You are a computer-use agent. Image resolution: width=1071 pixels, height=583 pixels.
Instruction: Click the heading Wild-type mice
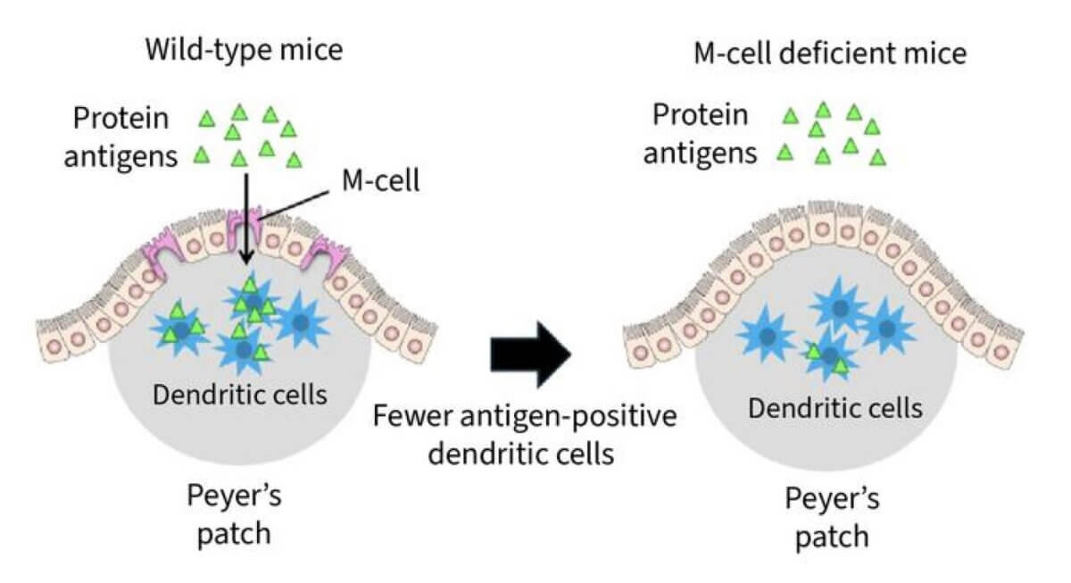(x=245, y=51)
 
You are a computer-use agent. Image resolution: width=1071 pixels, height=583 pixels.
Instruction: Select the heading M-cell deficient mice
(x=830, y=54)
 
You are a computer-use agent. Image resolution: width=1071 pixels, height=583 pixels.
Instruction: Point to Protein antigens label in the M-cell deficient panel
(x=701, y=134)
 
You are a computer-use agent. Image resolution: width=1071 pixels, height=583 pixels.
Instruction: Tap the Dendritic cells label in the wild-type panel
(x=240, y=393)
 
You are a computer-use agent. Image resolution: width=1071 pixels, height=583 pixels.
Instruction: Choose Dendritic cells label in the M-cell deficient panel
(x=834, y=408)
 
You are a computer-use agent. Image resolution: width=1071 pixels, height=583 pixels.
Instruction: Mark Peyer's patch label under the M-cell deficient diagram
(x=831, y=518)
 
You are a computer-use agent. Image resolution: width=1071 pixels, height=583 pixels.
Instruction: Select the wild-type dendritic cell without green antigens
(x=302, y=321)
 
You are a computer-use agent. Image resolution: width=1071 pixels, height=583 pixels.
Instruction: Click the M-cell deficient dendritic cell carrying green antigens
(x=830, y=357)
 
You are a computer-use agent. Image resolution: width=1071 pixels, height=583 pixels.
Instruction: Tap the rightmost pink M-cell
(x=320, y=260)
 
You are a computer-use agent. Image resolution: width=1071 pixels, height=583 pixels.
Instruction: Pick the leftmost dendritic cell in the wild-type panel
(x=181, y=328)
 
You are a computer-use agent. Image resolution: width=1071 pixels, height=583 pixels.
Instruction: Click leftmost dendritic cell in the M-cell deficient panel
(x=768, y=336)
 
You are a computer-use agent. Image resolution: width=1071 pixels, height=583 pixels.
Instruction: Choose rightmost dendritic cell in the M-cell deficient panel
(x=886, y=328)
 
